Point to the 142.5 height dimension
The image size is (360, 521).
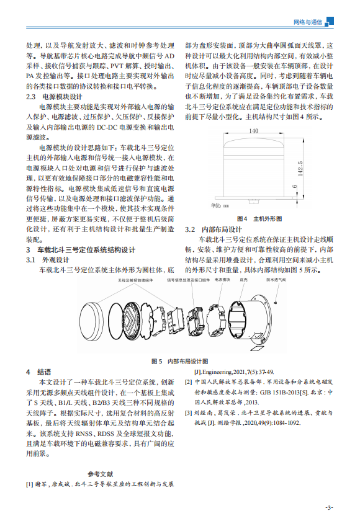click(300, 167)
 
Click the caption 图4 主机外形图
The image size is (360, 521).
click(259, 219)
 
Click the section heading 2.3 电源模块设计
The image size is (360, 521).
click(53, 97)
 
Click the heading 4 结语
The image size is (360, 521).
click(38, 372)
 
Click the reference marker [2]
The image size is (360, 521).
click(190, 383)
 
